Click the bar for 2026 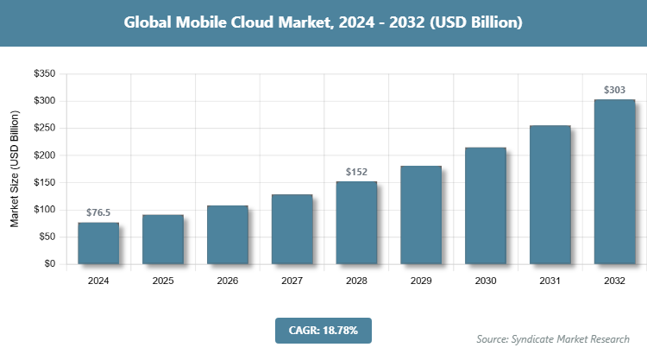[x=227, y=234]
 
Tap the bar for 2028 [x=356, y=222]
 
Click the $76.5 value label [x=97, y=212]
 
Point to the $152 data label [x=356, y=172]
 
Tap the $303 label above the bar [x=614, y=90]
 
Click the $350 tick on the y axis [x=44, y=74]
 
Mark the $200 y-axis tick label [x=44, y=155]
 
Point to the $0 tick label [x=49, y=264]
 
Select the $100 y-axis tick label [x=44, y=210]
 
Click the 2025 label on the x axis [x=162, y=281]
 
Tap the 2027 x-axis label [x=292, y=281]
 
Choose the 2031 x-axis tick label [x=550, y=281]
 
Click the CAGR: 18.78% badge [x=323, y=330]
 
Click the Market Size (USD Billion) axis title [x=15, y=169]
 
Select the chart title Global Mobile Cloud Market [x=323, y=22]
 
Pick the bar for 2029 [x=421, y=214]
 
